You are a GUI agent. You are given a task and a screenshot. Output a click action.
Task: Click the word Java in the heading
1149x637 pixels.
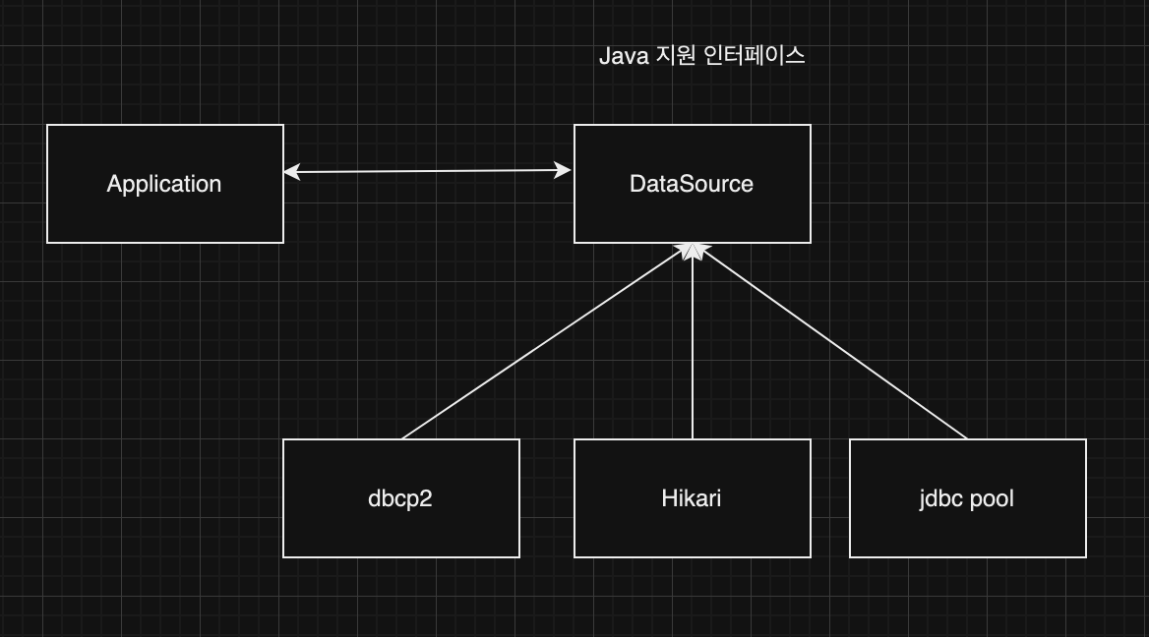coord(624,56)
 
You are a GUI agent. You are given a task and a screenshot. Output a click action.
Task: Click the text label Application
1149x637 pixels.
coord(164,184)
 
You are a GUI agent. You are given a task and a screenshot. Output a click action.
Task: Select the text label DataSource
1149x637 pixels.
coord(692,184)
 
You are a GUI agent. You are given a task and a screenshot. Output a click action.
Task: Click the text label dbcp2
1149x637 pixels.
coord(400,498)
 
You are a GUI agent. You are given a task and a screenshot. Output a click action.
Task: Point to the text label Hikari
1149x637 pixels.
coord(692,498)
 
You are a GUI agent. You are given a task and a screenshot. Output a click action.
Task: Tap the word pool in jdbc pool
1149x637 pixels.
coord(992,498)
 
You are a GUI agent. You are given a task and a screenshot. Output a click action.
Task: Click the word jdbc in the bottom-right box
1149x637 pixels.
coord(941,498)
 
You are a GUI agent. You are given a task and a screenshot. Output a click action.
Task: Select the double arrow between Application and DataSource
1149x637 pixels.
coord(428,172)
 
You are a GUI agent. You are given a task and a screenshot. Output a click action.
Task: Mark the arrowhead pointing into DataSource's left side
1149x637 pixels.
coord(564,171)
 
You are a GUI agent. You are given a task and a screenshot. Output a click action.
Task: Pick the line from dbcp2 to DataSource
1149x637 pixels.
coord(541,344)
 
